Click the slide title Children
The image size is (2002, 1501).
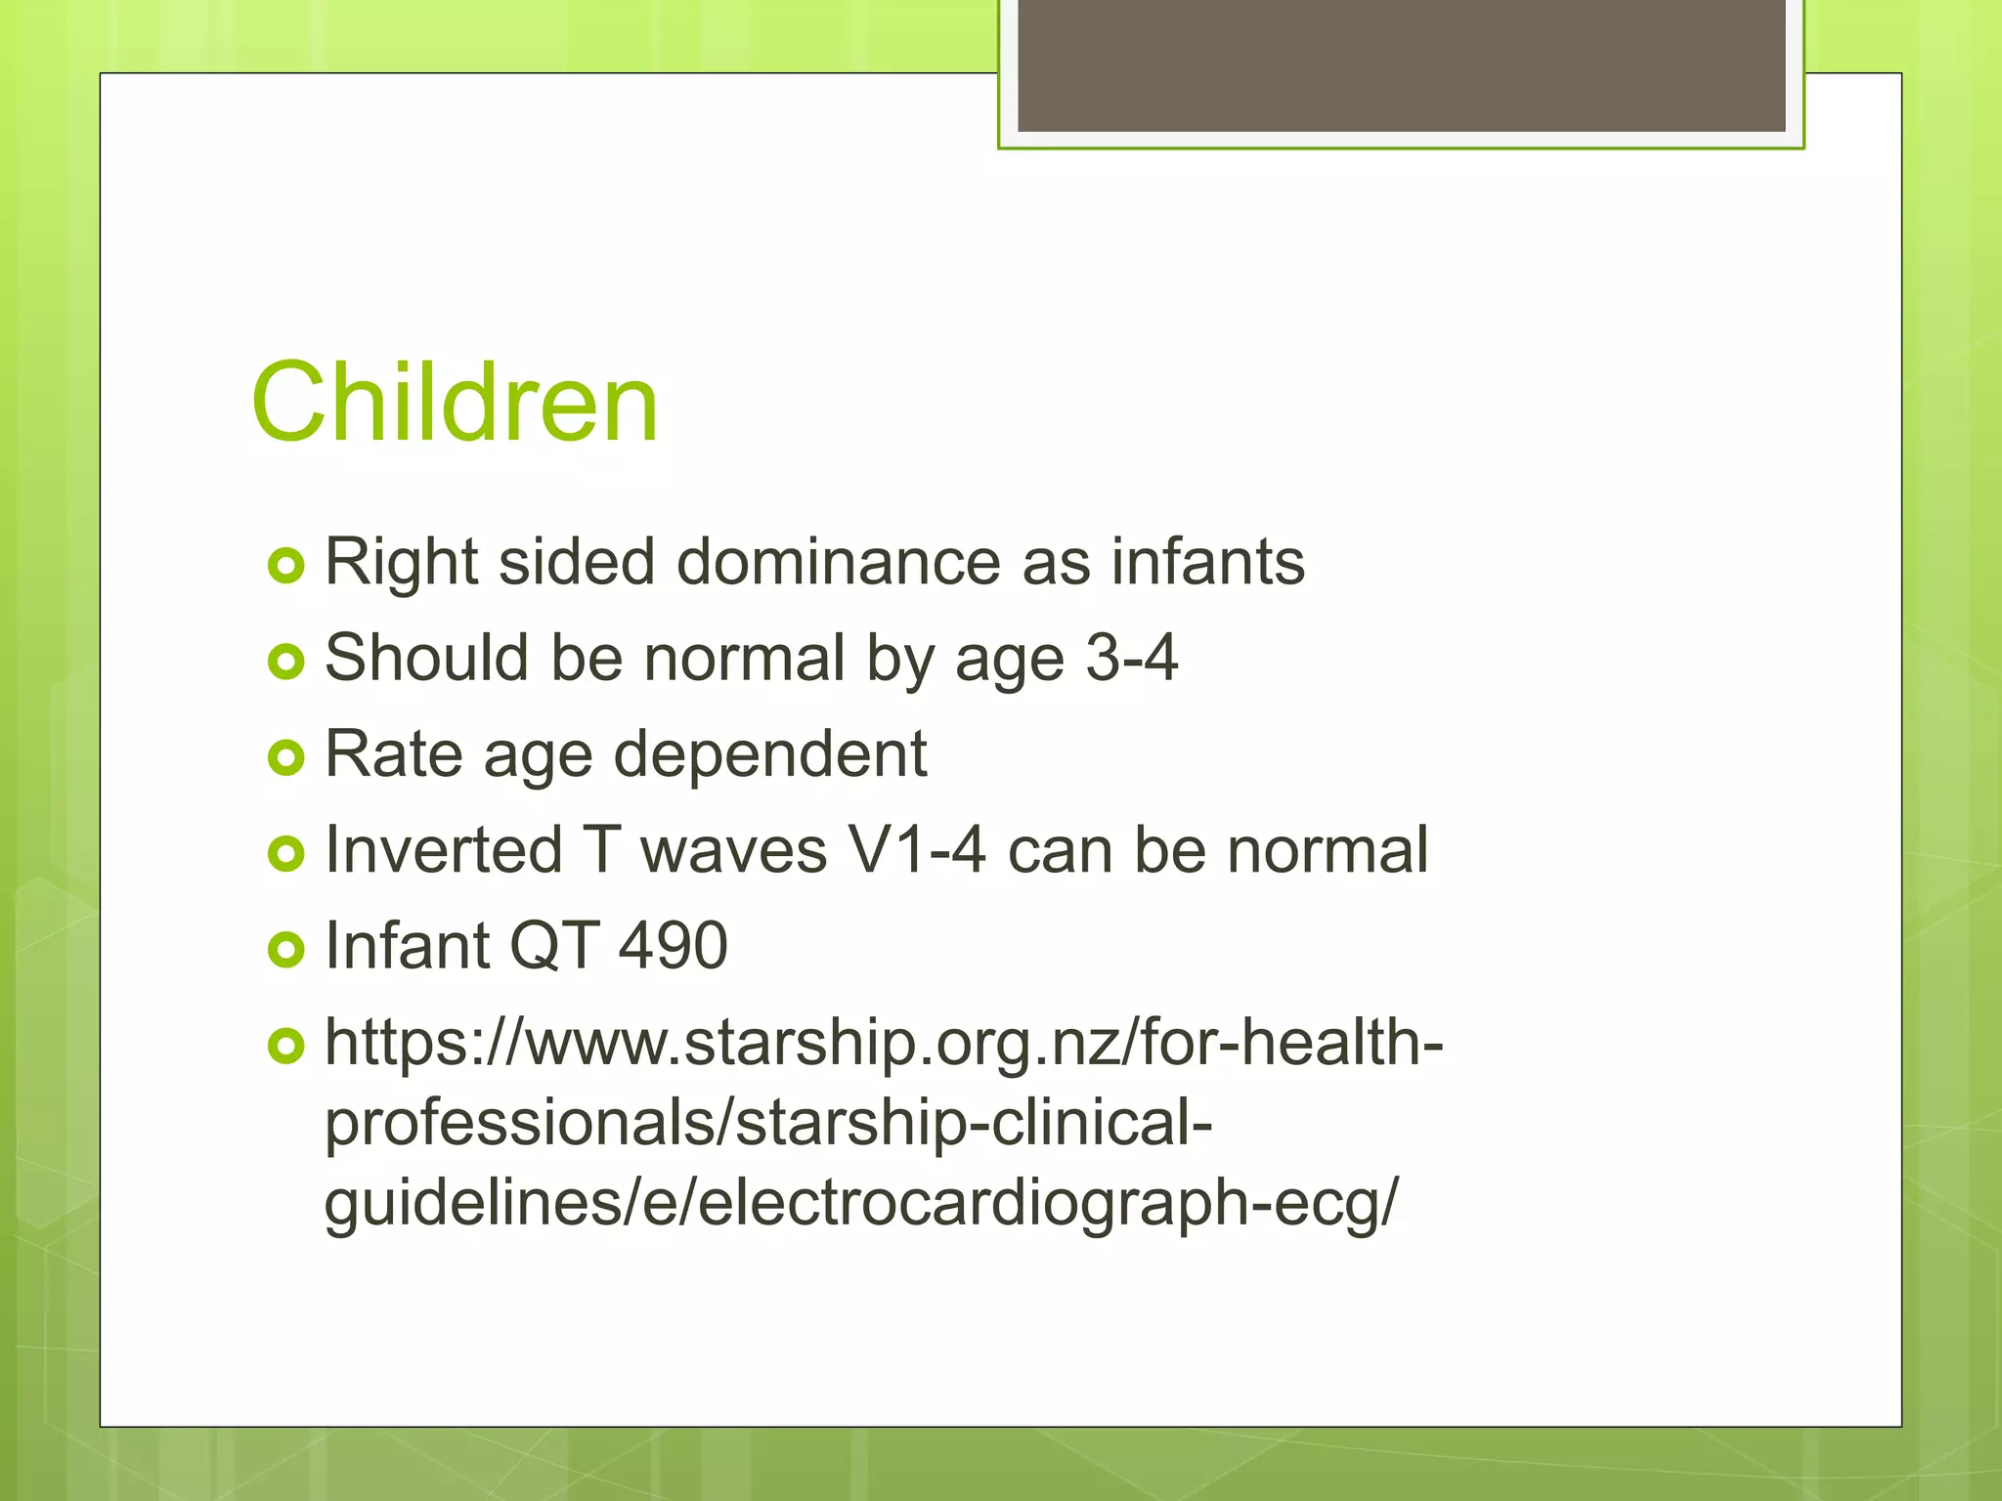455,402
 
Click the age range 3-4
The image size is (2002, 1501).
1132,658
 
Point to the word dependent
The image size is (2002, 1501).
769,754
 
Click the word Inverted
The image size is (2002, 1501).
443,850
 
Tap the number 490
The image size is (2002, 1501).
673,946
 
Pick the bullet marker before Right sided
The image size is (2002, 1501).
285,566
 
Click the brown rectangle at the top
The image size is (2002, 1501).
1401,64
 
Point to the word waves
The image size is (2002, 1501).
733,850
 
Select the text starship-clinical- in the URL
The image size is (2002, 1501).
974,1122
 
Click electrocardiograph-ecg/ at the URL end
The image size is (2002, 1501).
1049,1201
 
